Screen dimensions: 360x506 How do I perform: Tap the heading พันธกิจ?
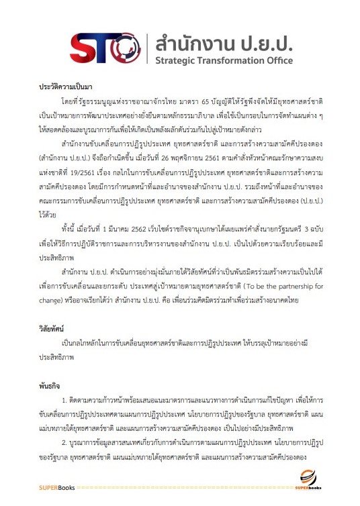click(48, 387)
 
